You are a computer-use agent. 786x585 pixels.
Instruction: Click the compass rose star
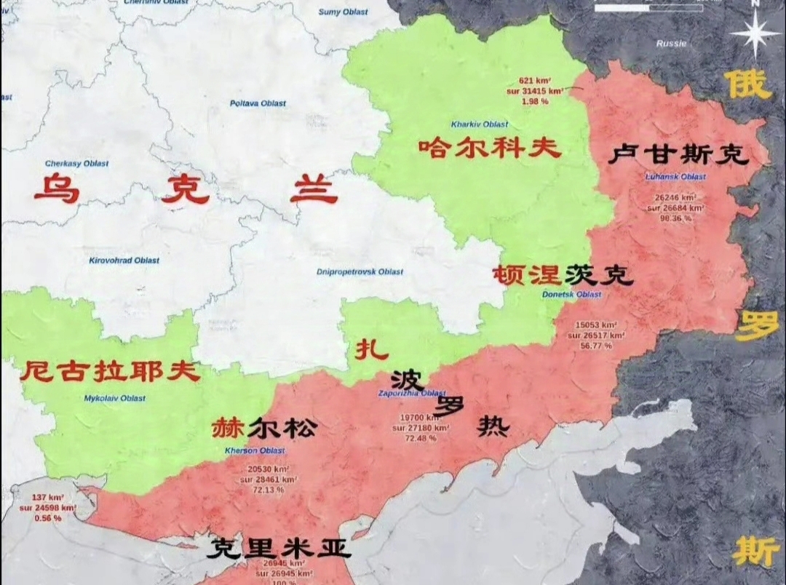[755, 33]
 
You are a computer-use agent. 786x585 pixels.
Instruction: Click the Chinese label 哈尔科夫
[490, 148]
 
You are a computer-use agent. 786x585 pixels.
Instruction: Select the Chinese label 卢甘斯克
[679, 154]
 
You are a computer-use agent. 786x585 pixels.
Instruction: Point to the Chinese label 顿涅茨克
[563, 275]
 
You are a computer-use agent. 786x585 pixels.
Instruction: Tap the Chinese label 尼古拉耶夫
[109, 371]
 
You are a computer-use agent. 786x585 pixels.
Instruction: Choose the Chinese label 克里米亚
[279, 548]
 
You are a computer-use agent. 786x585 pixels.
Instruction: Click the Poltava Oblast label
[258, 103]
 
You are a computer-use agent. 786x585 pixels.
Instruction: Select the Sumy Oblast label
[344, 12]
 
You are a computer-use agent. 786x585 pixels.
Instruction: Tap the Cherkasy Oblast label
[76, 164]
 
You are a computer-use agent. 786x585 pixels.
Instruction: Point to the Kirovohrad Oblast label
[124, 260]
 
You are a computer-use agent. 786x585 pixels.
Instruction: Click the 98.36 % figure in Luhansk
[675, 218]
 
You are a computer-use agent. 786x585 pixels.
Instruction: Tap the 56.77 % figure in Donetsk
[596, 346]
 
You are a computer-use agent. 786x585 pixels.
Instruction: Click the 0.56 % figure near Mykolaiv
[47, 517]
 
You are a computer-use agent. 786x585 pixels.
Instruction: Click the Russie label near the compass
[671, 44]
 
